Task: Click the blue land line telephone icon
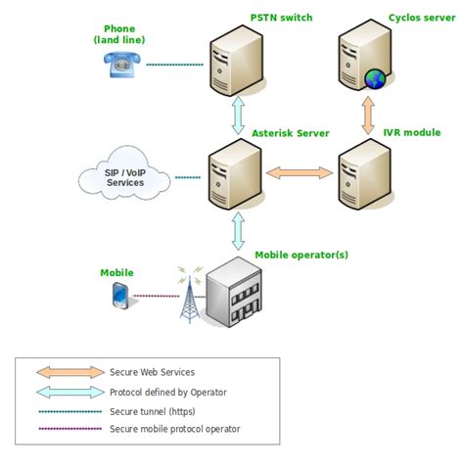[x=122, y=64]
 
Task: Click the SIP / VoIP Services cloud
[x=125, y=177]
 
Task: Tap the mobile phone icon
[x=118, y=294]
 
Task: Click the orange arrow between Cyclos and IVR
[x=369, y=114]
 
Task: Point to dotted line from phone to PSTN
[x=174, y=66]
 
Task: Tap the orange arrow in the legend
[x=70, y=372]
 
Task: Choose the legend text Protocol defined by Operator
[x=167, y=392]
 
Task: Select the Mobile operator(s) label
[x=302, y=255]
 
